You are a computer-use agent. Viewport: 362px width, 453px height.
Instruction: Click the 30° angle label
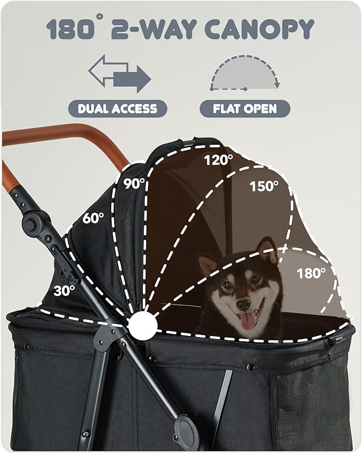(64, 291)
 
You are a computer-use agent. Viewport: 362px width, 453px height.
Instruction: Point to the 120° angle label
(219, 158)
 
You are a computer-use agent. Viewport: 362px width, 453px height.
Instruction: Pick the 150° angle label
(264, 186)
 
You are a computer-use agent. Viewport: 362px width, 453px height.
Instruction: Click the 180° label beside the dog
(311, 273)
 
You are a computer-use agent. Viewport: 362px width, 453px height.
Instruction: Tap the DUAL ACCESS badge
(117, 109)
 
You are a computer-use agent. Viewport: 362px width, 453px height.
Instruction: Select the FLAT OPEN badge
(245, 109)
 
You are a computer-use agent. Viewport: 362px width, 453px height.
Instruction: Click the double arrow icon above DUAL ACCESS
(119, 75)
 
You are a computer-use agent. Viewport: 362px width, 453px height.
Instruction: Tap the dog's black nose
(243, 304)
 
